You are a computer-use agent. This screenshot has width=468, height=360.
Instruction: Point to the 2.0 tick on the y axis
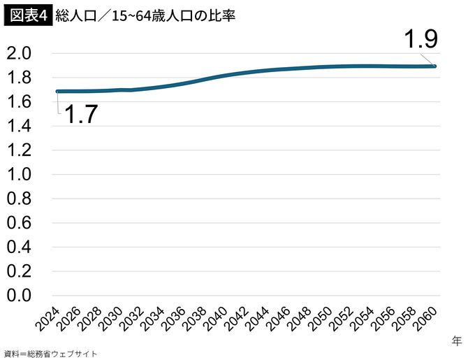[20, 54]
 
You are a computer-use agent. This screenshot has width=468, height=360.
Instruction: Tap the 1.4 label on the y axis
[20, 127]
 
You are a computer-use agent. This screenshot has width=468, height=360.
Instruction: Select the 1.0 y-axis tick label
[20, 175]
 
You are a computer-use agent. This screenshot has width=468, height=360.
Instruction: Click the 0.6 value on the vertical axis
[20, 223]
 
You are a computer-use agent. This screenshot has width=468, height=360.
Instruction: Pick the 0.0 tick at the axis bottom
[20, 296]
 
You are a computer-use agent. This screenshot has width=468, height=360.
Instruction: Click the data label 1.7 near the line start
[80, 113]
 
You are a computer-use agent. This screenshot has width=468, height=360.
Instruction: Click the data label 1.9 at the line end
[421, 40]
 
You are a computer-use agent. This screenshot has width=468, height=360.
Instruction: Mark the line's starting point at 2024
[58, 91]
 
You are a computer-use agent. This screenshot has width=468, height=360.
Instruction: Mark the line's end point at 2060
[434, 66]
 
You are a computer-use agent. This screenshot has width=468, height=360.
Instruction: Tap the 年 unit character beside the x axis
[456, 340]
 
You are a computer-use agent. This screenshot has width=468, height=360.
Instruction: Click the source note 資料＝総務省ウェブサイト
[50, 354]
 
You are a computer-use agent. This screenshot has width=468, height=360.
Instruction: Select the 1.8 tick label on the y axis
[20, 78]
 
